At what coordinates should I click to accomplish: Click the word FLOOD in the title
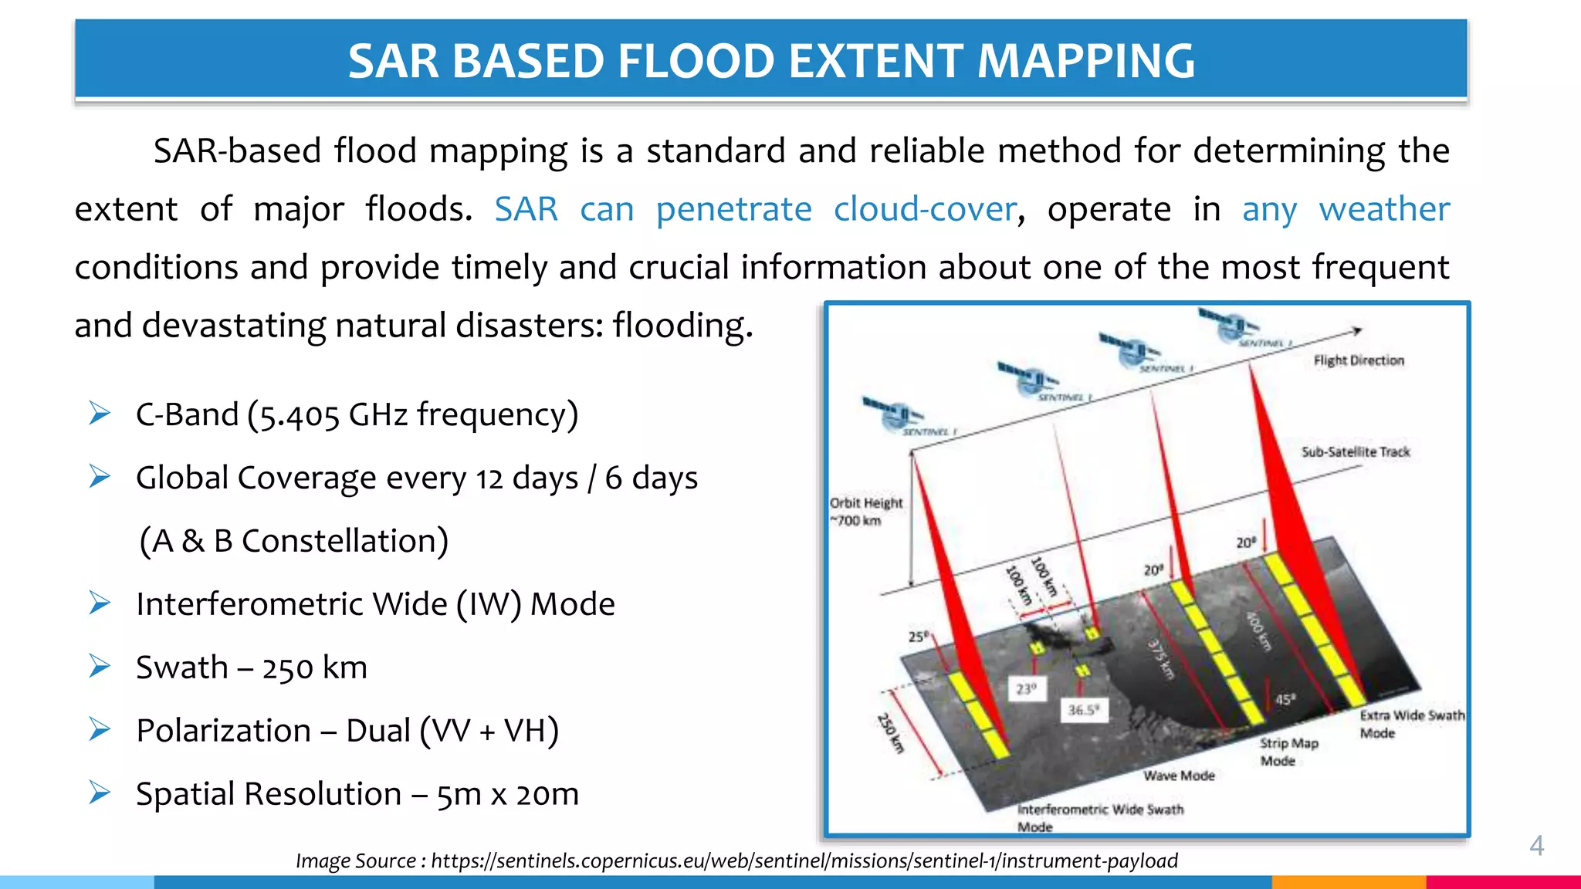pyautogui.click(x=695, y=61)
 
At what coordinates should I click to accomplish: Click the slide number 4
pyautogui.click(x=1536, y=846)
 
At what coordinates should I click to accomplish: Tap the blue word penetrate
pyautogui.click(x=733, y=209)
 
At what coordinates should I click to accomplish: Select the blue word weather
pyautogui.click(x=1383, y=209)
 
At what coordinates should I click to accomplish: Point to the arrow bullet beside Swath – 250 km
pyautogui.click(x=100, y=666)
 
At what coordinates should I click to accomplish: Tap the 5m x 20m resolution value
pyautogui.click(x=507, y=794)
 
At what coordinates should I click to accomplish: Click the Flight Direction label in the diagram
pyautogui.click(x=1358, y=360)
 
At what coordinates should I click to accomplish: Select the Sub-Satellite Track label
pyautogui.click(x=1355, y=452)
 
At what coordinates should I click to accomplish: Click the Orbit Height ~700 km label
pyautogui.click(x=865, y=512)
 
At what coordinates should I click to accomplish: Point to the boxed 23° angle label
pyautogui.click(x=1027, y=688)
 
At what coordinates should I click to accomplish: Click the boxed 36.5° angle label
pyautogui.click(x=1083, y=710)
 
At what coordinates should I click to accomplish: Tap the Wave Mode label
pyautogui.click(x=1179, y=776)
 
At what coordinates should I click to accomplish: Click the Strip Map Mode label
pyautogui.click(x=1288, y=752)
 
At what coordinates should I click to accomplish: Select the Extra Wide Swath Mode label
pyautogui.click(x=1410, y=724)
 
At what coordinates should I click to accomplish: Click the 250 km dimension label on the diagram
pyautogui.click(x=890, y=733)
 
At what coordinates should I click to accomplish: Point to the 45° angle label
pyautogui.click(x=1284, y=699)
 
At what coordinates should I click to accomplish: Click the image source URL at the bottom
pyautogui.click(x=804, y=861)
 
